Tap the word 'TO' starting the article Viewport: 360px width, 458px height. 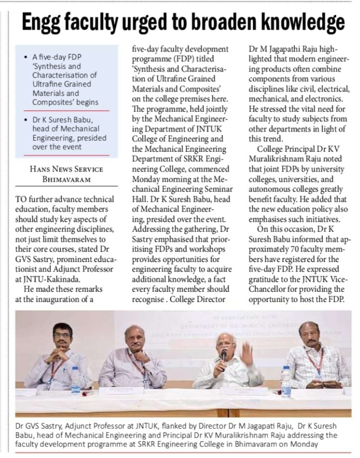click(22, 199)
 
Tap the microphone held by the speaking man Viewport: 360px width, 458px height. click(224, 355)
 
